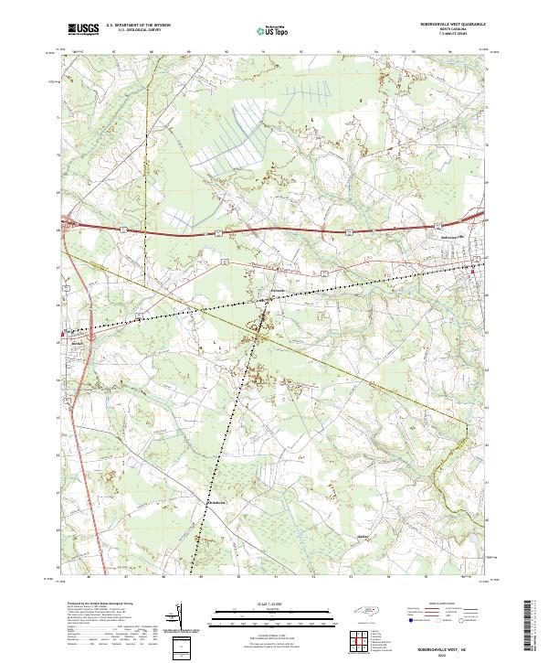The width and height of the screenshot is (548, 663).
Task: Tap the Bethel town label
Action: (x=77, y=344)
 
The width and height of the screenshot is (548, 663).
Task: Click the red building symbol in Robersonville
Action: (x=473, y=272)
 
